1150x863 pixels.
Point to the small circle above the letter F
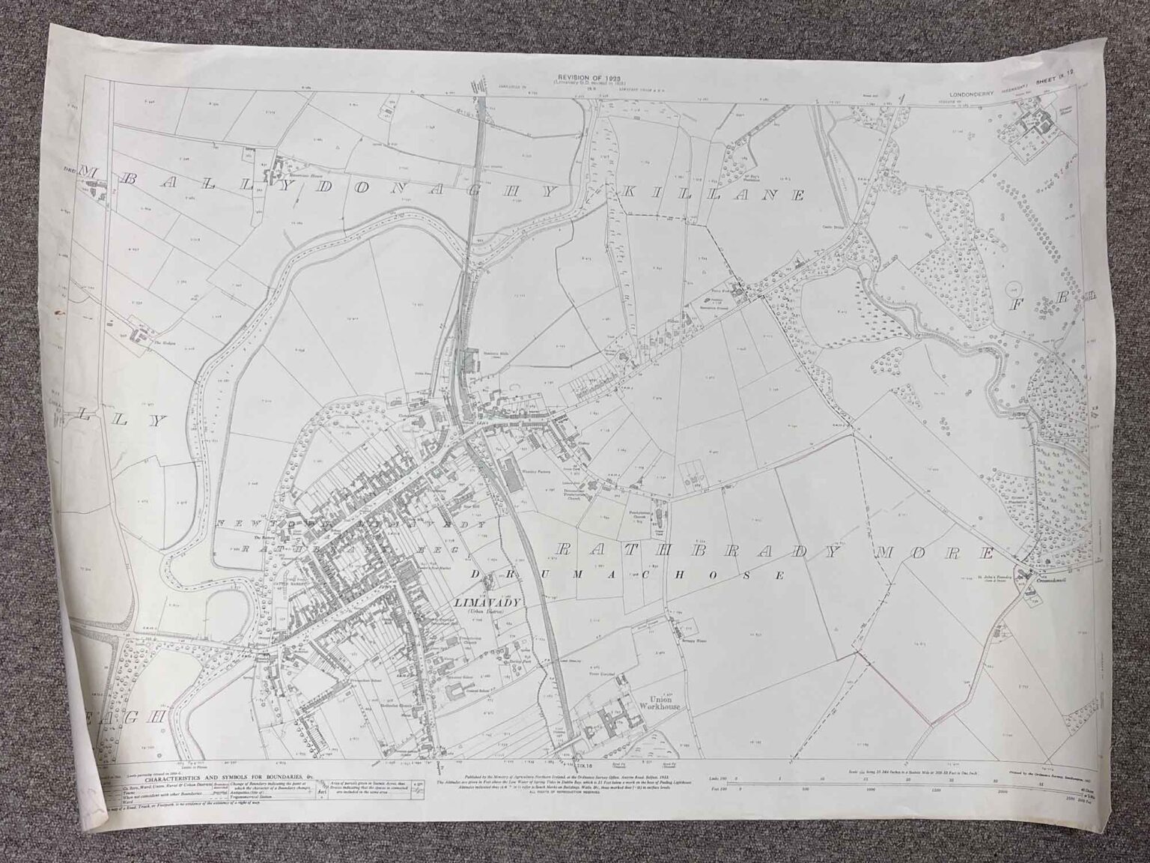pos(1015,288)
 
